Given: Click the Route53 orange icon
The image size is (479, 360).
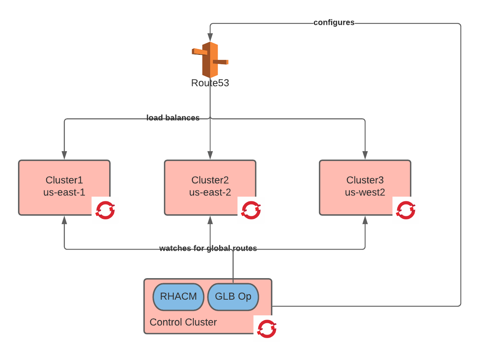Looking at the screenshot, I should pyautogui.click(x=210, y=60).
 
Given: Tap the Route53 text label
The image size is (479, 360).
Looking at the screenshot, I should pyautogui.click(x=210, y=83).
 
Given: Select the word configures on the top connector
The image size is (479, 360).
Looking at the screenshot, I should pyautogui.click(x=334, y=23).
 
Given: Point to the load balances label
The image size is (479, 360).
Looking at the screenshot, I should pyautogui.click(x=173, y=118).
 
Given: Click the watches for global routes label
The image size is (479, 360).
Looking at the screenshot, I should pyautogui.click(x=208, y=248).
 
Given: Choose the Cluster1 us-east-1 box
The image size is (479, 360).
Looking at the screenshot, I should pyautogui.click(x=65, y=187).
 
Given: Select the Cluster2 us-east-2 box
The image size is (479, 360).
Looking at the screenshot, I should pyautogui.click(x=210, y=187).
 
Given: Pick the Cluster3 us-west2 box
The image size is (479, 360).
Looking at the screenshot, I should pyautogui.click(x=365, y=187).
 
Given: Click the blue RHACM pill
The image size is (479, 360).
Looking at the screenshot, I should pyautogui.click(x=178, y=297).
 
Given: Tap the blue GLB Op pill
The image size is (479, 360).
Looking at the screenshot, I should pyautogui.click(x=233, y=297).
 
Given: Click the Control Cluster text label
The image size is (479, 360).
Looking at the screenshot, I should pyautogui.click(x=183, y=322).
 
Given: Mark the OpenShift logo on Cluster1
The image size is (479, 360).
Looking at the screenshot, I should pyautogui.click(x=105, y=210).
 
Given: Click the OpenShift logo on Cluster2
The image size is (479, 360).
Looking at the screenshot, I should pyautogui.click(x=251, y=210).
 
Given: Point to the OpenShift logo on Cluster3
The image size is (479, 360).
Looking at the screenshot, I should pyautogui.click(x=406, y=210).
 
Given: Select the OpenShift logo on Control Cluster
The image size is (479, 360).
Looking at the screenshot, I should pyautogui.click(x=267, y=329).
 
